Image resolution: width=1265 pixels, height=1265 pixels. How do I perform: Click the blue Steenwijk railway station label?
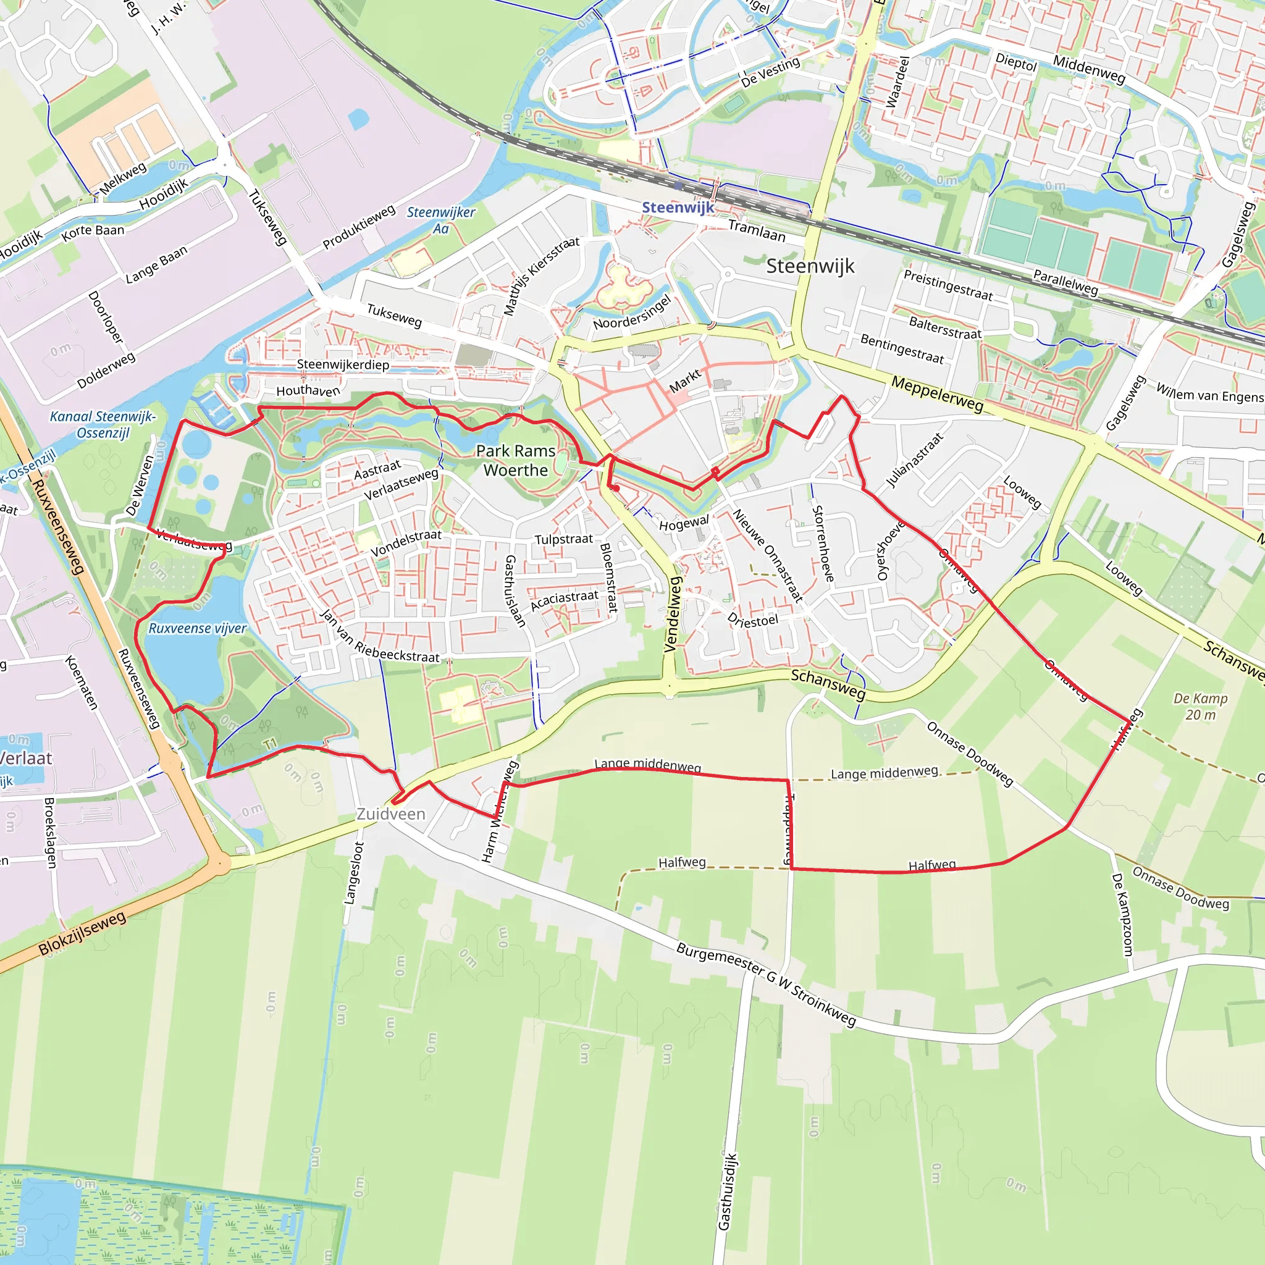[677, 208]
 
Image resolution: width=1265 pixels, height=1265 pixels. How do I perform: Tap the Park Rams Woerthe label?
[516, 460]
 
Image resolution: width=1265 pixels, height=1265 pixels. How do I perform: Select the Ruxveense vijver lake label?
[197, 628]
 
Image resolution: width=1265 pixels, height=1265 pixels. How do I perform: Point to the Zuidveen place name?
[391, 814]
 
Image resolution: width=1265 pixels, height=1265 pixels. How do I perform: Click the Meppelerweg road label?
[937, 394]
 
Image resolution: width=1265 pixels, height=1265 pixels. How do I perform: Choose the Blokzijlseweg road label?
[82, 934]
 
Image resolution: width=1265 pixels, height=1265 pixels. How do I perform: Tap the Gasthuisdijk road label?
[728, 1191]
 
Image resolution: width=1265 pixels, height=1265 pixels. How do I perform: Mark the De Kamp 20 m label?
[1200, 706]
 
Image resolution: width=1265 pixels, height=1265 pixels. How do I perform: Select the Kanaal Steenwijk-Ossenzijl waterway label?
[103, 424]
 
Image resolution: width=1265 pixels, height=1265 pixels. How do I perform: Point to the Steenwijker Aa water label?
[440, 220]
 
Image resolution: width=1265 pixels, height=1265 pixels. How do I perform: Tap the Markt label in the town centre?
[685, 380]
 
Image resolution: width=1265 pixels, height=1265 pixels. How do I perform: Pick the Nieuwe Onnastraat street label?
[767, 555]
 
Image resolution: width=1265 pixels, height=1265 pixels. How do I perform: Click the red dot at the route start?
[616, 488]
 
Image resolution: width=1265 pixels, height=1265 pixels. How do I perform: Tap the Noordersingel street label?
[632, 313]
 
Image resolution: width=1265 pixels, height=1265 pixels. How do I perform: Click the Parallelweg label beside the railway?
[1065, 281]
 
